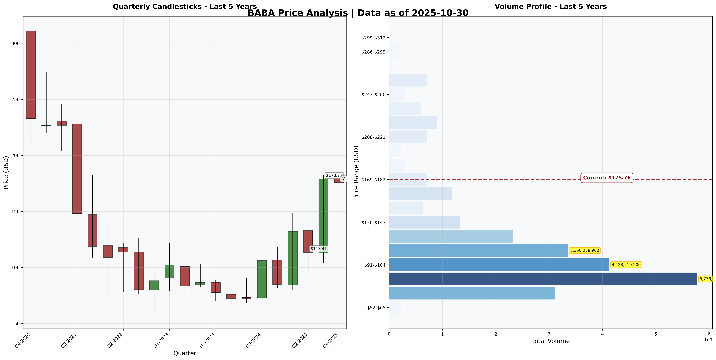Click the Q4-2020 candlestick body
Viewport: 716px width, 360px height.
[31, 75]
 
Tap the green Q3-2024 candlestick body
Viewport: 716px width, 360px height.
[262, 279]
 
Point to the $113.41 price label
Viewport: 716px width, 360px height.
[318, 249]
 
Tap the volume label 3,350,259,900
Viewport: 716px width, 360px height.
[585, 250]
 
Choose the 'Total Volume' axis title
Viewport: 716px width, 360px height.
[551, 341]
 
